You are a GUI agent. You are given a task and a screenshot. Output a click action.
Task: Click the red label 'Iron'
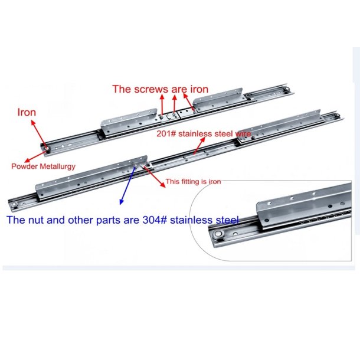[x=27, y=112]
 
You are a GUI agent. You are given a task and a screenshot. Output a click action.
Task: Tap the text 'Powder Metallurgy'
[x=44, y=166]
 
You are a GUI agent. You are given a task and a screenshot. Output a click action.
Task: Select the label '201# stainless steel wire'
[x=204, y=133]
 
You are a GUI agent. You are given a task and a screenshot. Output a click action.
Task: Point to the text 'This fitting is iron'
[x=193, y=182]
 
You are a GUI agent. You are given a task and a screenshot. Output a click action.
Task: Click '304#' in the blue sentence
[x=154, y=220]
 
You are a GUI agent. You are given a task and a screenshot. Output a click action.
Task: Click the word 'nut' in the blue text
[x=36, y=220]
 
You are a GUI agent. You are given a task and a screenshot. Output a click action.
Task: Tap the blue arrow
[x=127, y=185]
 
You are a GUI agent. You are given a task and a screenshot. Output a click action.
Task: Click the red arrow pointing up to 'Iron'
[x=39, y=135]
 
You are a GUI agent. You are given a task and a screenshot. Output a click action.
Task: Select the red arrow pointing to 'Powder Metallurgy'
[x=35, y=156]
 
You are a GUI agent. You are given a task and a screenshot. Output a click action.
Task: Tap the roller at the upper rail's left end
[x=48, y=149]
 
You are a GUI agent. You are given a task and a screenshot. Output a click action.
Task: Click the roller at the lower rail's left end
[x=15, y=205]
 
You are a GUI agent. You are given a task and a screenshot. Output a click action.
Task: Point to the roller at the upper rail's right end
[x=287, y=90]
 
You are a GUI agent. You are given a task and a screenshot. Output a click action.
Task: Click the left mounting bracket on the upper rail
[x=129, y=122]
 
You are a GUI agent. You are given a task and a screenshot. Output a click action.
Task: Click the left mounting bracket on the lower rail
[x=92, y=177]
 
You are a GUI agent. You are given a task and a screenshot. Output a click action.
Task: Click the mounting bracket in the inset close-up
[x=303, y=205]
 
